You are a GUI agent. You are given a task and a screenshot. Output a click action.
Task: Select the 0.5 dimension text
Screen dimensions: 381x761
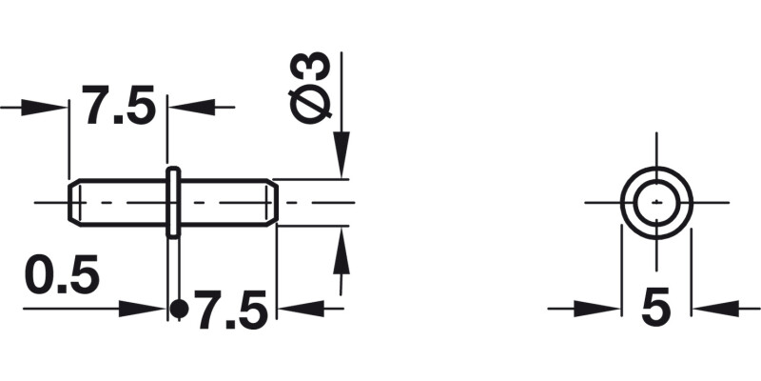(62, 276)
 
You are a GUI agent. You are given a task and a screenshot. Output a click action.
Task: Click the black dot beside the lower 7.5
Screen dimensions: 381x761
(178, 308)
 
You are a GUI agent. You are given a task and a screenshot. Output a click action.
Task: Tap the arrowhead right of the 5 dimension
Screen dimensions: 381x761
(712, 308)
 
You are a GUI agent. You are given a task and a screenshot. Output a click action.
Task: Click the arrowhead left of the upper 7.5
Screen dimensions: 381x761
(48, 107)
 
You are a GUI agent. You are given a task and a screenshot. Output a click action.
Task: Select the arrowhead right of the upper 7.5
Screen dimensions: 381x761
(189, 107)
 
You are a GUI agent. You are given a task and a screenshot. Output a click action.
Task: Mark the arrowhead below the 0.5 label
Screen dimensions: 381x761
(143, 308)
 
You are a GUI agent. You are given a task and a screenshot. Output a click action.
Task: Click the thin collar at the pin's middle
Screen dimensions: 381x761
(173, 202)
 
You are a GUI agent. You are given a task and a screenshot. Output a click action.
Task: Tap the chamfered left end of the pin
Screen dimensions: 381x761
(73, 202)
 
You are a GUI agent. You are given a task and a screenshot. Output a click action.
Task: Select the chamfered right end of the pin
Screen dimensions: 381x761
(273, 202)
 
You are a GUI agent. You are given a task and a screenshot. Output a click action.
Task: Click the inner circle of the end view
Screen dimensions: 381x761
(655, 202)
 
